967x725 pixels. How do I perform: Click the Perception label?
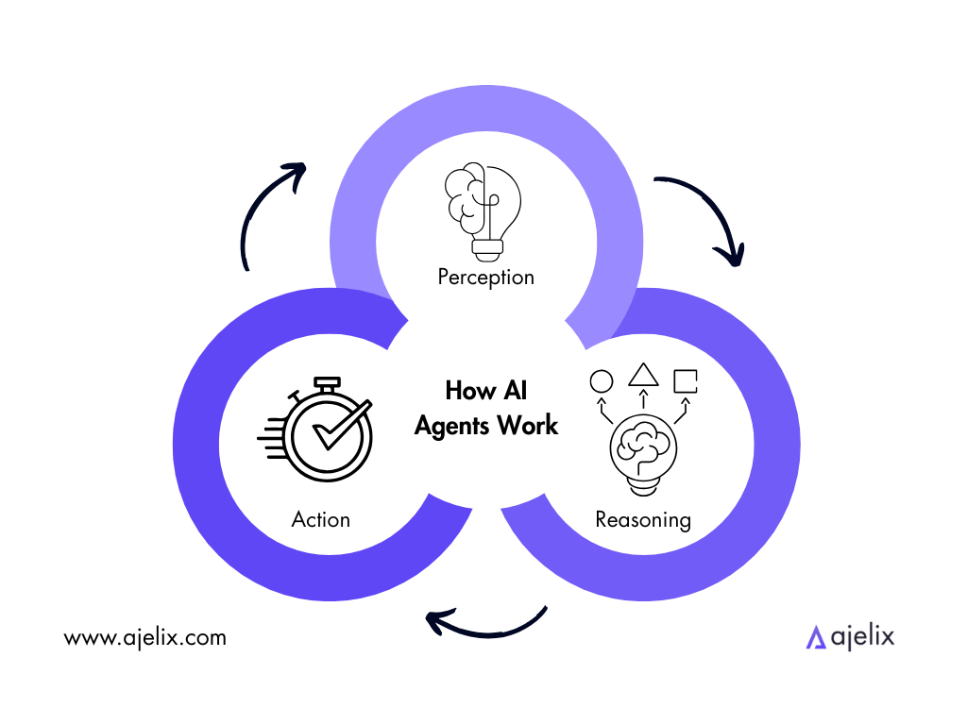coord(485,278)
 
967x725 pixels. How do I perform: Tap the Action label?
coord(321,519)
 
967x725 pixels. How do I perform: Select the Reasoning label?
coord(643,519)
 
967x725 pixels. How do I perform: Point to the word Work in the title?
coord(530,426)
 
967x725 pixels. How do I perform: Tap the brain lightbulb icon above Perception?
coord(483,211)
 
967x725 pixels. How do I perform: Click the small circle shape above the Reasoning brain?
coord(602,381)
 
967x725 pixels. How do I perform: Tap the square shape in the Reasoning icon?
coord(686,380)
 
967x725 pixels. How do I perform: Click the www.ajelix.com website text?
coord(145,637)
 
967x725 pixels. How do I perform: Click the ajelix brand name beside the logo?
coord(862,637)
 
